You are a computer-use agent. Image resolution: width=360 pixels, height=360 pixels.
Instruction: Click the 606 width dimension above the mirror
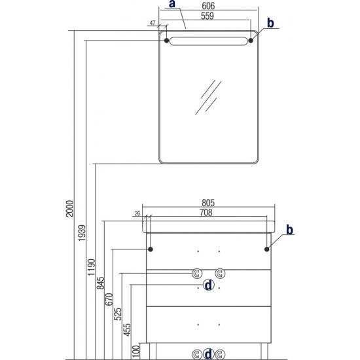[208, 6]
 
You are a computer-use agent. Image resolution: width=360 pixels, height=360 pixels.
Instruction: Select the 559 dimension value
[207, 16]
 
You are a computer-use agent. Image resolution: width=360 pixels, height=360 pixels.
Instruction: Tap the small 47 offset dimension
[153, 23]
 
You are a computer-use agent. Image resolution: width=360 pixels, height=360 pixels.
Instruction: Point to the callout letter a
[172, 4]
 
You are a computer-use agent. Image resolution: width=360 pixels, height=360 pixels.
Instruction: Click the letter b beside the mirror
[270, 23]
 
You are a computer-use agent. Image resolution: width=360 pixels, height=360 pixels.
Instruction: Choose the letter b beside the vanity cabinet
[289, 229]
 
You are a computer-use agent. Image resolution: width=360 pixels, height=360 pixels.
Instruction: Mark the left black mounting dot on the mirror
[166, 41]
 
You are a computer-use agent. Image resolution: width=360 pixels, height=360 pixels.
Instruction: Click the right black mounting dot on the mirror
[251, 41]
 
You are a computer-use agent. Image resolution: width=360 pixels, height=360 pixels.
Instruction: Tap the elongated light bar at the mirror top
[208, 41]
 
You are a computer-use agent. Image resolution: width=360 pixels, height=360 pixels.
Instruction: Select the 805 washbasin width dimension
[208, 203]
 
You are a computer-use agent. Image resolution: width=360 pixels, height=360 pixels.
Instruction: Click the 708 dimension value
[206, 213]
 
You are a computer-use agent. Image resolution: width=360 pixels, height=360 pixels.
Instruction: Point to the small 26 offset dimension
[137, 213]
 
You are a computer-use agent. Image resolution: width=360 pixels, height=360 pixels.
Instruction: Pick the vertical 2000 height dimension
[69, 208]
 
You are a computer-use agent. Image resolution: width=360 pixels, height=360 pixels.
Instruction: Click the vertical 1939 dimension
[82, 233]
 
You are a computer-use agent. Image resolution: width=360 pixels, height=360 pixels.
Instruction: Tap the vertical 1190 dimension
[91, 267]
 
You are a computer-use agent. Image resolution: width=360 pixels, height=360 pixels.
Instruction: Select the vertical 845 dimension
[100, 283]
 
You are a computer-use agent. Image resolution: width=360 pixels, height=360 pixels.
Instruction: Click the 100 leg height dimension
[136, 351]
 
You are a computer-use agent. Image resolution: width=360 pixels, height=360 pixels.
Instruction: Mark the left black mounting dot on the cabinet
[151, 249]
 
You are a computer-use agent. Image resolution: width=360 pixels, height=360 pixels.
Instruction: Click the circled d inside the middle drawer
[208, 285]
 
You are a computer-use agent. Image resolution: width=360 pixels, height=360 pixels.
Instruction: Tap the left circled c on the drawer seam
[197, 274]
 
